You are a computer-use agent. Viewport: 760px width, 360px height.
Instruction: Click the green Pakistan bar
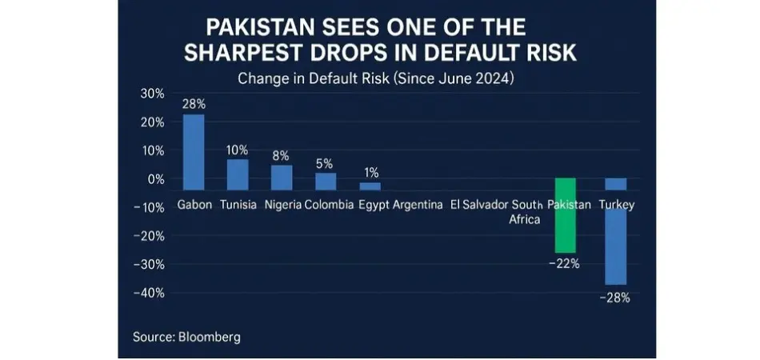pyautogui.click(x=565, y=215)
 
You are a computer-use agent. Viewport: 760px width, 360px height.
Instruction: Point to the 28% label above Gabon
pyautogui.click(x=194, y=104)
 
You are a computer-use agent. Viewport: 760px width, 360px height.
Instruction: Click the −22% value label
pyautogui.click(x=565, y=263)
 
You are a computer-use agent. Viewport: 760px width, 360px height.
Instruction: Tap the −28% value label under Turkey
pyautogui.click(x=616, y=298)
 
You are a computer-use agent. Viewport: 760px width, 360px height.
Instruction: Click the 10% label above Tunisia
pyautogui.click(x=238, y=150)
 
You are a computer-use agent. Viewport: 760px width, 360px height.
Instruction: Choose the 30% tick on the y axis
pyautogui.click(x=152, y=94)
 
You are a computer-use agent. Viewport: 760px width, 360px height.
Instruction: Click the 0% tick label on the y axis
pyautogui.click(x=155, y=179)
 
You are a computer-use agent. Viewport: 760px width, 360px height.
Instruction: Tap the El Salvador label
pyautogui.click(x=478, y=205)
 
